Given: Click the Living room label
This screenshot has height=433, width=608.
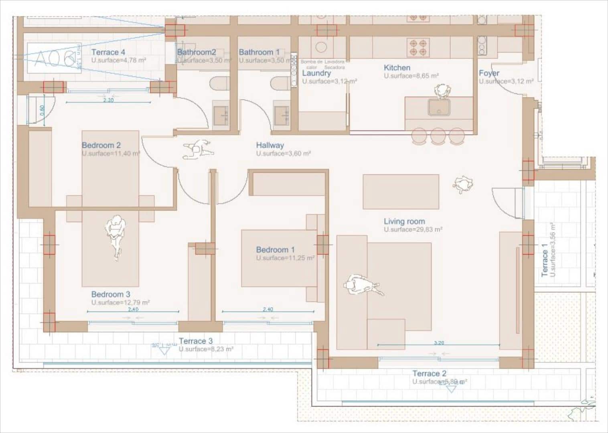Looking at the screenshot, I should click(404, 221).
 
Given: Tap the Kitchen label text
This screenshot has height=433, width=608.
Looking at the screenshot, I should click(397, 68).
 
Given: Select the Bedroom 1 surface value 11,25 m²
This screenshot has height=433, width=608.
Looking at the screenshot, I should click(285, 258).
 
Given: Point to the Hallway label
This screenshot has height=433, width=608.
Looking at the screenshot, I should click(270, 145).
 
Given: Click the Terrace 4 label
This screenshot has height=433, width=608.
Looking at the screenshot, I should click(108, 52).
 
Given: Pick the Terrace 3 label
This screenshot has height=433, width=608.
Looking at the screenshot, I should click(195, 341).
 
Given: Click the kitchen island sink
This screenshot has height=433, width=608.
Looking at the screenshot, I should click(439, 107).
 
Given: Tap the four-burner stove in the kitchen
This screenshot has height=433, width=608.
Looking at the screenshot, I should click(418, 47).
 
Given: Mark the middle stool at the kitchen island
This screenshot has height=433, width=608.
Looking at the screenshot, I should click(438, 136).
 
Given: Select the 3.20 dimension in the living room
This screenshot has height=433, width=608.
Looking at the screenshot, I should click(439, 343).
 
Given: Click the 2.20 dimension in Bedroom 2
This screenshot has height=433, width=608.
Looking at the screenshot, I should click(108, 100).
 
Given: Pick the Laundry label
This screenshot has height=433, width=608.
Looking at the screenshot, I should click(316, 73).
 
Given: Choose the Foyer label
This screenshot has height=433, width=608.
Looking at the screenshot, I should click(489, 73).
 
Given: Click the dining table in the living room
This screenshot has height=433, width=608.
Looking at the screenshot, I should click(401, 192).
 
